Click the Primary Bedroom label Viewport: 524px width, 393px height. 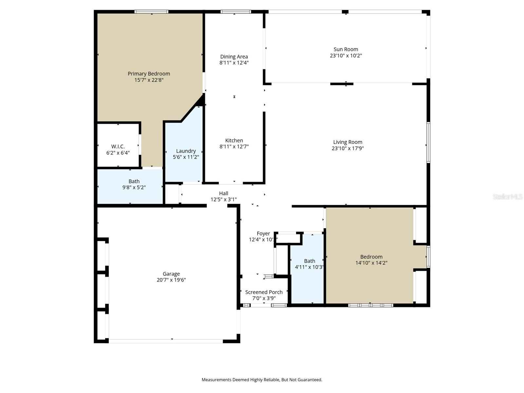pyautogui.click(x=149, y=74)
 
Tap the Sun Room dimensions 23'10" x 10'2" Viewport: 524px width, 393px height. pyautogui.click(x=346, y=56)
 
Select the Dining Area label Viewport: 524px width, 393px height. pyautogui.click(x=234, y=57)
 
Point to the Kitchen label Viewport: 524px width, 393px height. pyautogui.click(x=234, y=140)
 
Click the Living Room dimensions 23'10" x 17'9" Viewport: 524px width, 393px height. pyautogui.click(x=347, y=148)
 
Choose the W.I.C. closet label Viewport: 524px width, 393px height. pyautogui.click(x=118, y=146)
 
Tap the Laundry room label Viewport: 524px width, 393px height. pyautogui.click(x=186, y=151)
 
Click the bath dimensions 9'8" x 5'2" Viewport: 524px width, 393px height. pyautogui.click(x=134, y=188)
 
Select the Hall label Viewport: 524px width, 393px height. pyautogui.click(x=224, y=194)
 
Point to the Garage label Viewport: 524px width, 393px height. pyautogui.click(x=171, y=274)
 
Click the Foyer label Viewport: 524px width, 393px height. pyautogui.click(x=263, y=234)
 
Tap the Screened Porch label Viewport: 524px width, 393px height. pyautogui.click(x=264, y=292)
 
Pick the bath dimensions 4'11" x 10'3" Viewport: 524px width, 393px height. pyautogui.click(x=309, y=267)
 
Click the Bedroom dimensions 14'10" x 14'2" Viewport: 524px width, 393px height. pyautogui.click(x=371, y=263)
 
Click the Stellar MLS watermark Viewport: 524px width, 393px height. pyautogui.click(x=508, y=196)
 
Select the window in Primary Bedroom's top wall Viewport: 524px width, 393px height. pyautogui.click(x=151, y=12)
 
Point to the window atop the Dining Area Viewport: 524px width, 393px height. pyautogui.click(x=236, y=12)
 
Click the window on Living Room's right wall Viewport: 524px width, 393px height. pyautogui.click(x=428, y=142)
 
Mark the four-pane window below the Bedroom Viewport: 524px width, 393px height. pyautogui.click(x=371, y=305)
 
